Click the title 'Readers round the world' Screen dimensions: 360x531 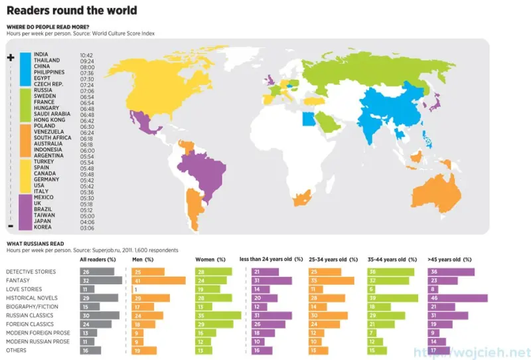[72, 11]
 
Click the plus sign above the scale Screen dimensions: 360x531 [10, 58]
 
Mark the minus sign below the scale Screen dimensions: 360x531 [10, 226]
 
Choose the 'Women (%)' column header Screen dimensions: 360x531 [210, 260]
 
